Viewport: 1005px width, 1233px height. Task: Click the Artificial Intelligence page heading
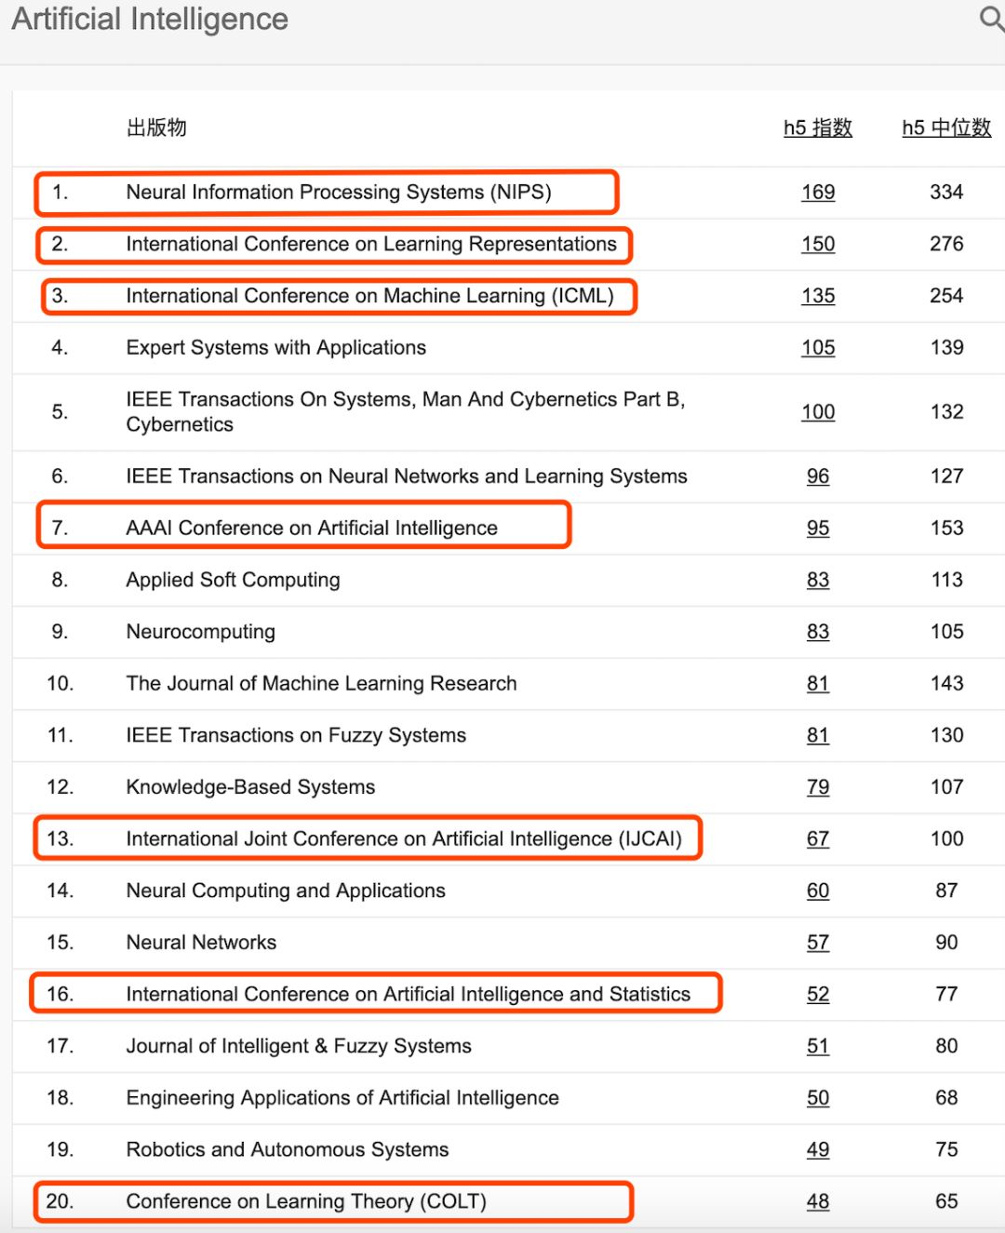[150, 20]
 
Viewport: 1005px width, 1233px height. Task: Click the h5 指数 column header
[818, 128]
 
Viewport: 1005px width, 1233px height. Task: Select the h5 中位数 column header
[946, 128]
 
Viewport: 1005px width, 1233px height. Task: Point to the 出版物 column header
[156, 128]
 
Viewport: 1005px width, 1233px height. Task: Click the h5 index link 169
[818, 193]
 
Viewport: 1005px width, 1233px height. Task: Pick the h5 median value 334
[946, 193]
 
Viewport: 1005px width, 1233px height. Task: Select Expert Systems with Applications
[276, 348]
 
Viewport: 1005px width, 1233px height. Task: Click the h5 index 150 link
[818, 245]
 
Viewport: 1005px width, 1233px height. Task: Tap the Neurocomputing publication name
[201, 632]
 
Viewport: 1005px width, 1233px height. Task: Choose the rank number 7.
[60, 529]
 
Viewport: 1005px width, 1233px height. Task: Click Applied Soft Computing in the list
[234, 581]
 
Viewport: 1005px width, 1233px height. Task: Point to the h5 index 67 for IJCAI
[818, 839]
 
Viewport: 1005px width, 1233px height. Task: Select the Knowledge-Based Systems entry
[251, 787]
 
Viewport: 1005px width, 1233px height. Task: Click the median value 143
[946, 684]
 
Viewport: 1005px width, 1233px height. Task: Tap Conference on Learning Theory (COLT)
[306, 1202]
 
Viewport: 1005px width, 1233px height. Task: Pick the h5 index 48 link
[818, 1202]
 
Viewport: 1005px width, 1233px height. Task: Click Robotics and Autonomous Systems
[288, 1150]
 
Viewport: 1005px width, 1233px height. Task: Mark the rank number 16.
[60, 995]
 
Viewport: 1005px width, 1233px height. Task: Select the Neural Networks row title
[202, 943]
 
